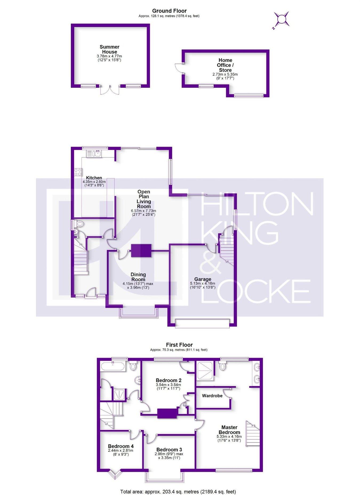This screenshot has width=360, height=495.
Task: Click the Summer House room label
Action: click(109, 49)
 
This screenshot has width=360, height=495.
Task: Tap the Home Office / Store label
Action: click(225, 65)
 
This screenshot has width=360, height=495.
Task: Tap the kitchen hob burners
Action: click(78, 172)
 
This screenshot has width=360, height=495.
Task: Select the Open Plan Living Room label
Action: click(144, 199)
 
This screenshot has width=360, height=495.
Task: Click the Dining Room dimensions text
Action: click(138, 285)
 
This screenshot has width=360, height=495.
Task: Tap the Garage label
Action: click(203, 279)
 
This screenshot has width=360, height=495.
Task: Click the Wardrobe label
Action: click(212, 396)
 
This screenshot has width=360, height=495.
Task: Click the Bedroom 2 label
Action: click(169, 380)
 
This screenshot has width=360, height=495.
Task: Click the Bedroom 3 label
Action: click(169, 450)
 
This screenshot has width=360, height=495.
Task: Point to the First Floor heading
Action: click(179, 345)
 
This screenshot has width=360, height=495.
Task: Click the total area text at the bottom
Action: click(178, 492)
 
